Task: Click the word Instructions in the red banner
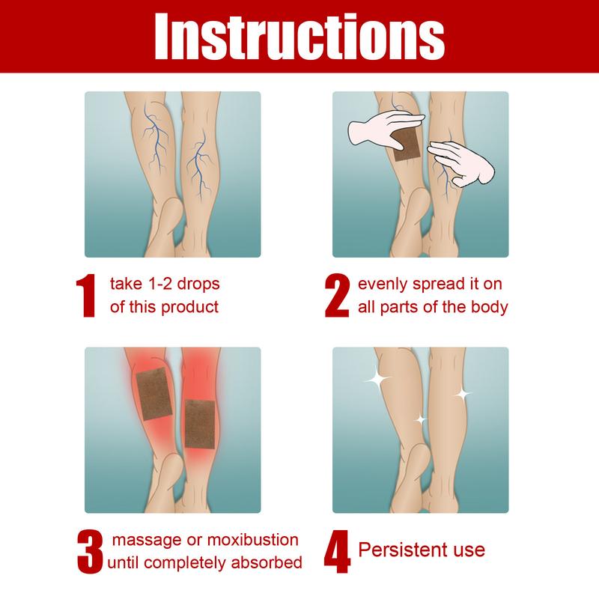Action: click(299, 37)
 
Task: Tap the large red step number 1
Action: click(86, 295)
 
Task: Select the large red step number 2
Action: click(337, 295)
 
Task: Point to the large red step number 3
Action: click(90, 552)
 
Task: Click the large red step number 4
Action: click(337, 552)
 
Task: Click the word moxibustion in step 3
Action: click(252, 540)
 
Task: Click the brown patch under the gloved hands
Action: click(406, 145)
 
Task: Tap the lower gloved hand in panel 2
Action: click(461, 164)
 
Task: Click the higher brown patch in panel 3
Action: click(154, 394)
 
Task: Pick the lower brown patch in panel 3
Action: click(200, 424)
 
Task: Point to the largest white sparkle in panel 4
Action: click(377, 379)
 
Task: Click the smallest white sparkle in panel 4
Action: click(421, 420)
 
